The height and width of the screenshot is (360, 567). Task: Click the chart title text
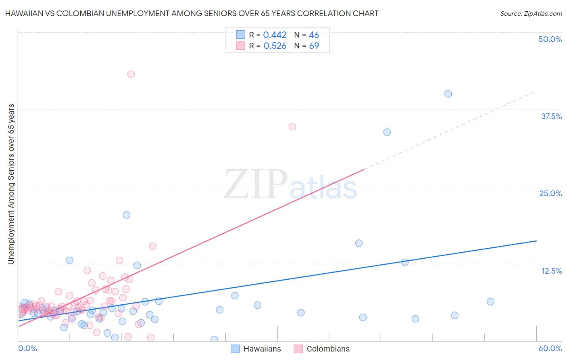coord(192,13)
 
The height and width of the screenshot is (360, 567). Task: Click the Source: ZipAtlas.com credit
coord(531,13)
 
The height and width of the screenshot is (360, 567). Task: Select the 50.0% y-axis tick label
coord(550,39)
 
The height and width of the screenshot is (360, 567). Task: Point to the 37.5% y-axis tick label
coord(551,116)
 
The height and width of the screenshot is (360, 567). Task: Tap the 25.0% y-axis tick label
coord(550,193)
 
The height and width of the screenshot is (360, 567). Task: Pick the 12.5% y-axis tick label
coord(551,271)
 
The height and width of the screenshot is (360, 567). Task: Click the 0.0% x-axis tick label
coord(27,348)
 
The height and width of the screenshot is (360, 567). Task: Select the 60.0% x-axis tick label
coord(550,348)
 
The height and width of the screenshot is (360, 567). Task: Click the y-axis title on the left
coord(11,184)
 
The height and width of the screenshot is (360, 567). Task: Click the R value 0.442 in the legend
coord(275,35)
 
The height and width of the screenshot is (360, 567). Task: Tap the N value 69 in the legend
coord(314,46)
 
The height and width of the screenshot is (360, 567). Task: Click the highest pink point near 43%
coord(131,74)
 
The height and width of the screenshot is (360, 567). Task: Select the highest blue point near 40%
coord(448,94)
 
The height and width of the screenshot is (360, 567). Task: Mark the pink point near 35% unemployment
coord(292,127)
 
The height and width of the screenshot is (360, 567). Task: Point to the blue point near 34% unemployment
coord(387,132)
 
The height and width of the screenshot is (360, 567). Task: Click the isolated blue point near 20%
coord(127,215)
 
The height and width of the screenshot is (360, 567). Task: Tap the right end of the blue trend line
coord(536,241)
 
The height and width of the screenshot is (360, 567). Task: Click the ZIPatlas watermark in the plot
coord(290,185)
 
